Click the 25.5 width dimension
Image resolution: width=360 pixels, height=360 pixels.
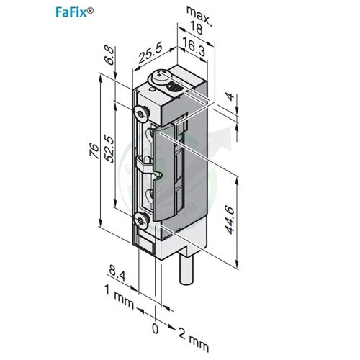[x=150, y=54]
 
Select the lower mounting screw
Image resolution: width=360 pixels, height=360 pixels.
[x=140, y=219]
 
